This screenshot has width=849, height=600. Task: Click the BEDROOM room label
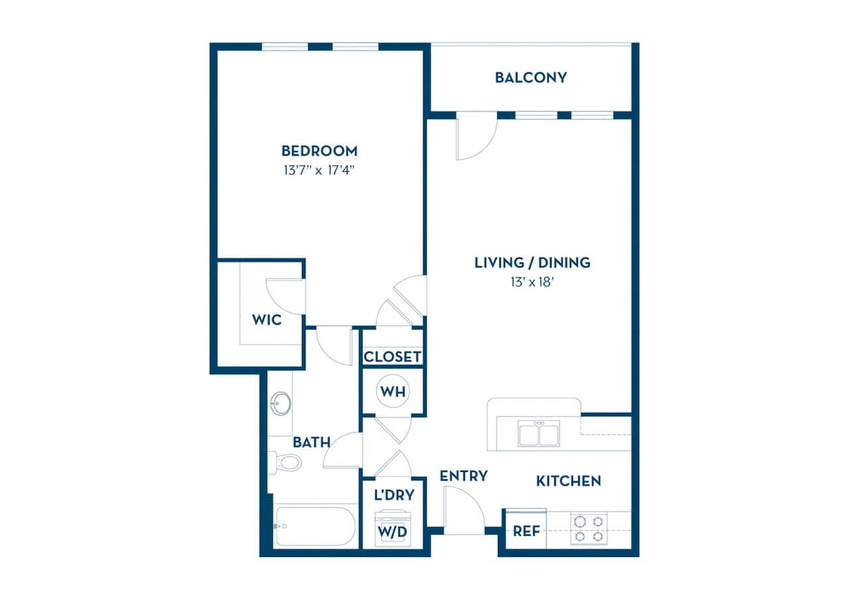[319, 150]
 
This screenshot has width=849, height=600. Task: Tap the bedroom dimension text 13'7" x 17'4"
[319, 170]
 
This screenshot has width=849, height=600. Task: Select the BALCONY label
[531, 78]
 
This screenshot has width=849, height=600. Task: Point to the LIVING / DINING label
[532, 263]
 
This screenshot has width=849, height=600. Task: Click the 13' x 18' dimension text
[532, 282]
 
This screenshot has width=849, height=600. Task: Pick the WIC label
[267, 320]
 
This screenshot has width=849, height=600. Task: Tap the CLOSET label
[393, 357]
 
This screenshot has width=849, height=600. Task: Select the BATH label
[312, 442]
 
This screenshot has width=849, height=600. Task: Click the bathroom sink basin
[281, 402]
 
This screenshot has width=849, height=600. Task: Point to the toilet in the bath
[286, 461]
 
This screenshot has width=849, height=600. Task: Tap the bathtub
[316, 526]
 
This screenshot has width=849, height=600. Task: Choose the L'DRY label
[393, 494]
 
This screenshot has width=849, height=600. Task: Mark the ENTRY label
[464, 476]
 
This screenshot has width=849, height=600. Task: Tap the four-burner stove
[588, 529]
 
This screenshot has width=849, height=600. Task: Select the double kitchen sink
[539, 434]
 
